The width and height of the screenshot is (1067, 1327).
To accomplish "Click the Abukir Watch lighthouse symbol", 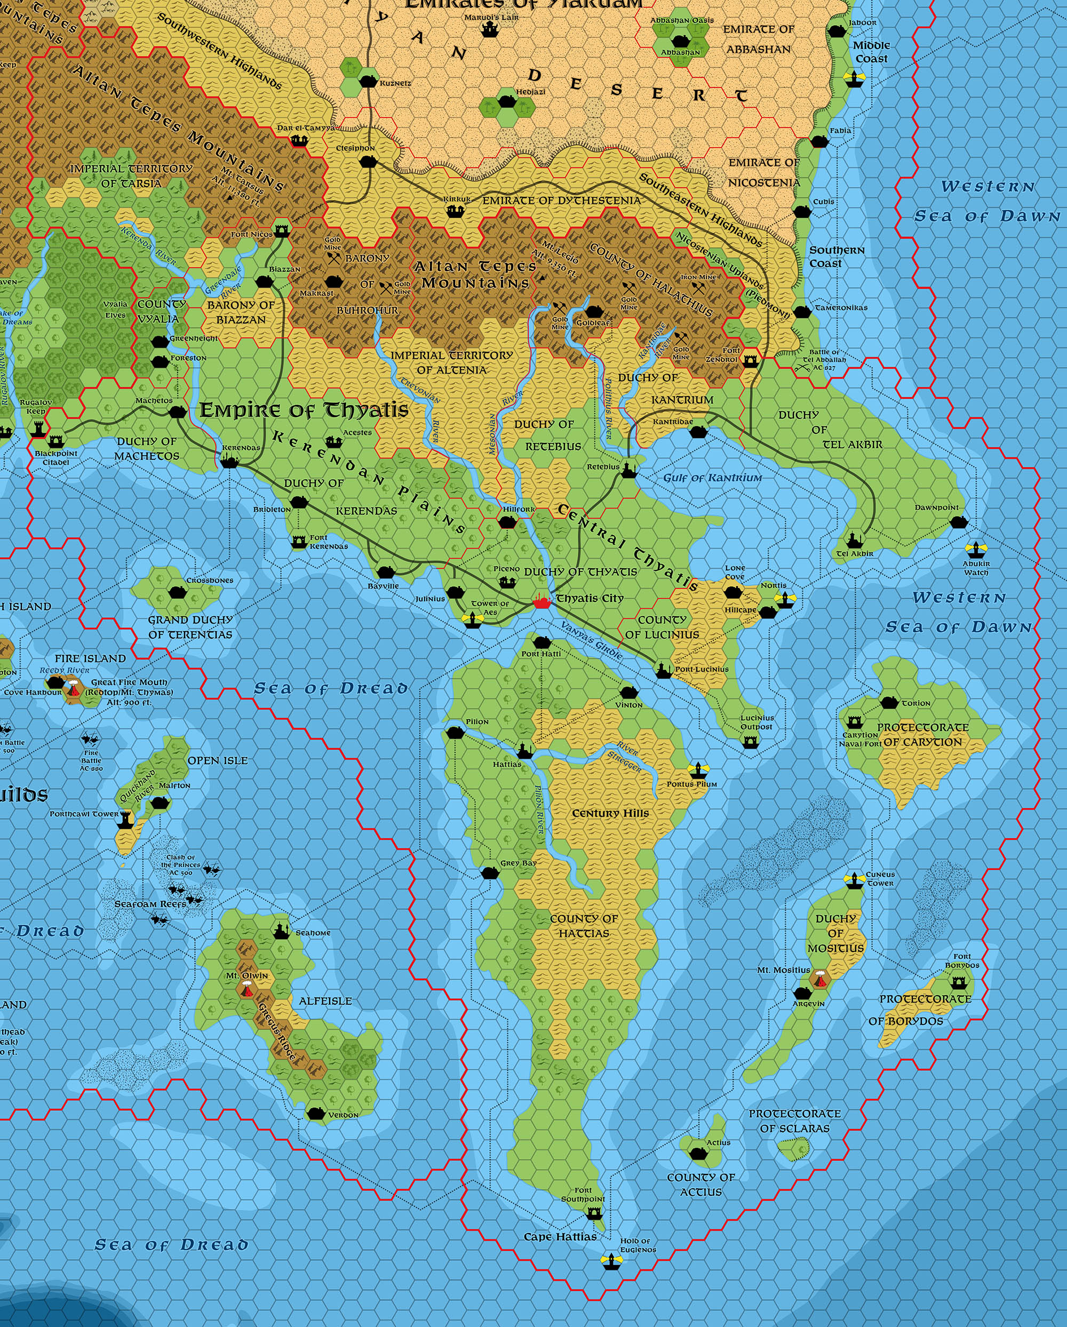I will [x=975, y=549].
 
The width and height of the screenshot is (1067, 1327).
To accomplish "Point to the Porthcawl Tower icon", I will [x=125, y=819].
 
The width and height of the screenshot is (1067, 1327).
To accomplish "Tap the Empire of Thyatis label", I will [x=304, y=410].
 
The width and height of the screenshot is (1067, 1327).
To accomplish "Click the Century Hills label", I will [x=610, y=813].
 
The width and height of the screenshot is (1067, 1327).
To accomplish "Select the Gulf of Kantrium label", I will [x=712, y=478].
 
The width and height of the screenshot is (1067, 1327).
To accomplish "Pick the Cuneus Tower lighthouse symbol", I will [x=854, y=880].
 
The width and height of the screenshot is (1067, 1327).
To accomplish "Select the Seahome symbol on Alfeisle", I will [x=281, y=931].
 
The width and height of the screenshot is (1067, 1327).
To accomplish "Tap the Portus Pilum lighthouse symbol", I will [x=698, y=769].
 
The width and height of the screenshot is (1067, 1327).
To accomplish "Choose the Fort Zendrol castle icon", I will [x=750, y=361].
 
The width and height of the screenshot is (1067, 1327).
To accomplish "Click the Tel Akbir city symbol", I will [x=854, y=540].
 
